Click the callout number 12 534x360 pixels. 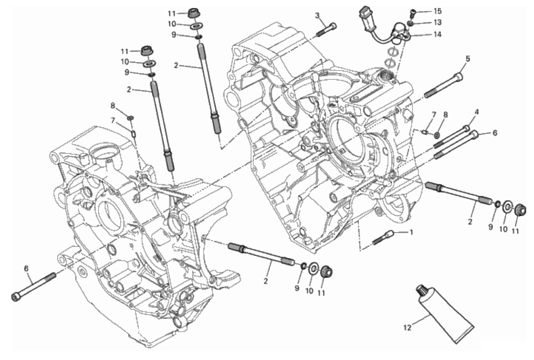point(408,328)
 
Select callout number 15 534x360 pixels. point(438,11)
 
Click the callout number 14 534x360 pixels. point(438,35)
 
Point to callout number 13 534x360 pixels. point(438,23)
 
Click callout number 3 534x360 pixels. point(317,16)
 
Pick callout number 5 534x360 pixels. point(468,59)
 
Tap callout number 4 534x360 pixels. point(470,112)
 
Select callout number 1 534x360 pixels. point(411,232)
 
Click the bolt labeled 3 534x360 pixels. point(326,30)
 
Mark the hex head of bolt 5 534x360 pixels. point(459,77)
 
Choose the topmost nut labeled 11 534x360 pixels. point(192,12)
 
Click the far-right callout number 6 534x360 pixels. point(495,133)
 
